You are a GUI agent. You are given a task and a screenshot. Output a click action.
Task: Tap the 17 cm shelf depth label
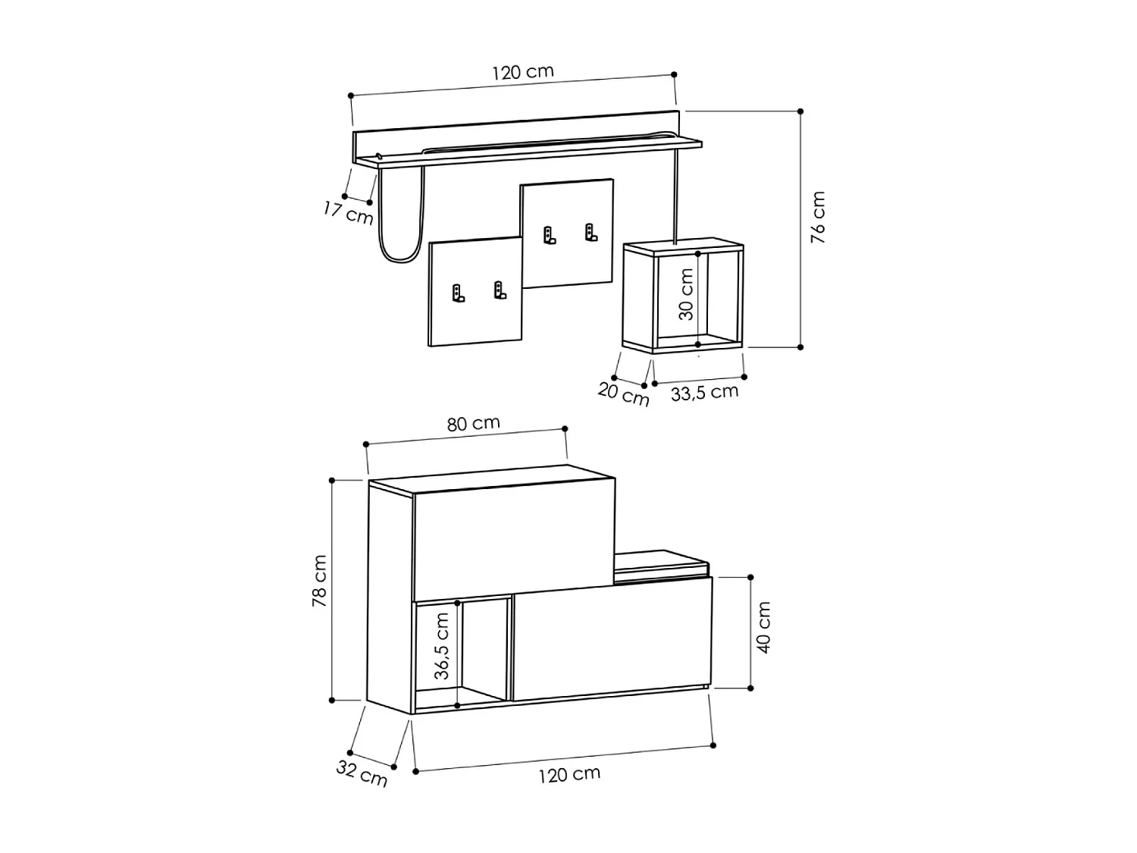click(x=348, y=213)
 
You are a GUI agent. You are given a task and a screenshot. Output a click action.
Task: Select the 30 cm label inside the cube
click(x=685, y=294)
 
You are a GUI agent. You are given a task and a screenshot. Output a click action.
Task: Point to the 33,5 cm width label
click(x=704, y=393)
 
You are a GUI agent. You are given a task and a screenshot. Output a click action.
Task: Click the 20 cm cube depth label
click(x=623, y=394)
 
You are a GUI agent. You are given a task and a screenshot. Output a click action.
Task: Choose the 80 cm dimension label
click(x=474, y=424)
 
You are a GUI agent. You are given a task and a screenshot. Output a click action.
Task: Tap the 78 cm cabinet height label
click(x=319, y=581)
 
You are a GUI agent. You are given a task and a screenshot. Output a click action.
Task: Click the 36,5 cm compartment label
click(x=441, y=646)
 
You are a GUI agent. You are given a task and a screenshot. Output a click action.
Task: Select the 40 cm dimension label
click(x=763, y=627)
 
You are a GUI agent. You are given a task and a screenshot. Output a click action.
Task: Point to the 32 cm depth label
click(x=362, y=773)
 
